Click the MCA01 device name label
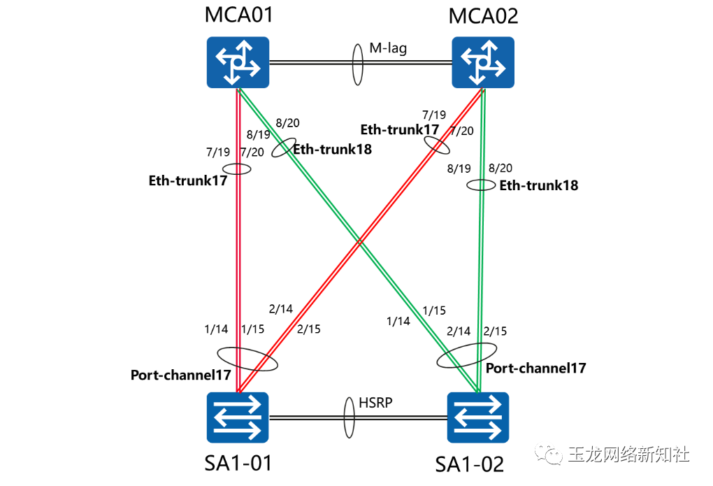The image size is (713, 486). click(238, 16)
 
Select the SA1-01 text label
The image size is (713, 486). click(238, 462)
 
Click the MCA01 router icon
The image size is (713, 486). click(238, 63)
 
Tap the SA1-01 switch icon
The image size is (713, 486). click(238, 417)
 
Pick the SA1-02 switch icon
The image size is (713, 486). click(478, 417)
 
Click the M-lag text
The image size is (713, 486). click(388, 49)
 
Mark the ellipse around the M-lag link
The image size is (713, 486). click(357, 63)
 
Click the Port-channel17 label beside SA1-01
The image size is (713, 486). click(180, 376)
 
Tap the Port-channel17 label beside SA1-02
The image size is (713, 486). click(535, 368)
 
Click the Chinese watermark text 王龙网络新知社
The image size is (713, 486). click(628, 455)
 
